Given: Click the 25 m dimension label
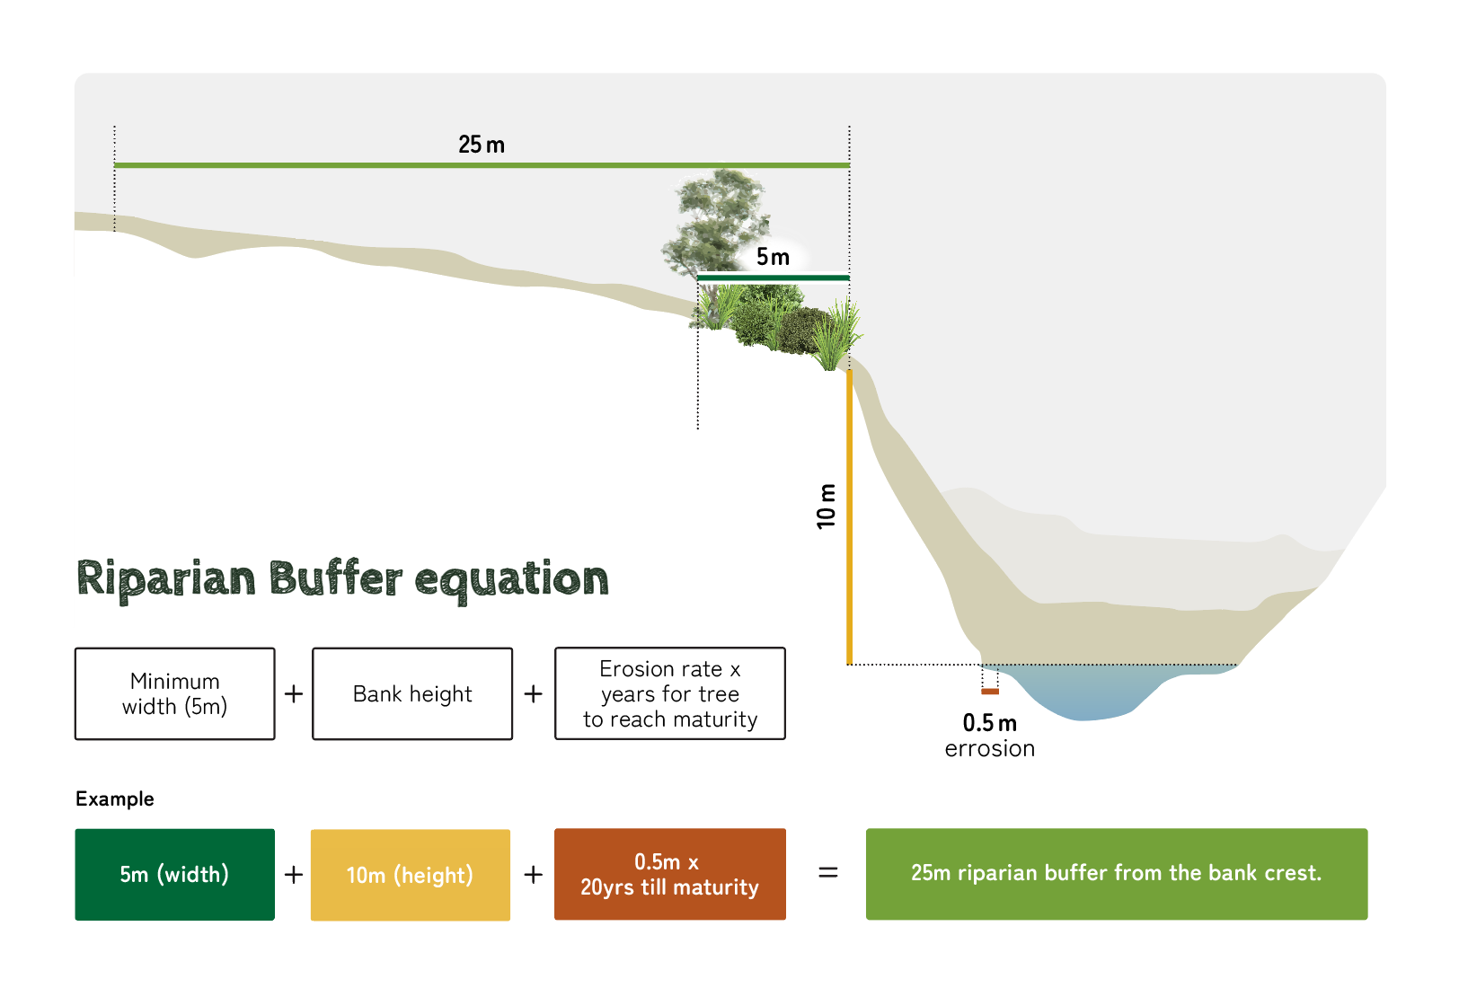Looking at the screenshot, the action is click(x=482, y=144).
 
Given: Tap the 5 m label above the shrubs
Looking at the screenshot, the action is click(x=773, y=257).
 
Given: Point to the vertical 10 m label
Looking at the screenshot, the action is click(x=826, y=506).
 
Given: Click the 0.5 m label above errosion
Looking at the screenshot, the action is click(x=989, y=723).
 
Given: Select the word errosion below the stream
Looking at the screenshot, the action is click(x=989, y=749).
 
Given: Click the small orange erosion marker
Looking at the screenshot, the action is click(x=990, y=692).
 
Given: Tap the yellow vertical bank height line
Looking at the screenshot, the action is click(x=849, y=517).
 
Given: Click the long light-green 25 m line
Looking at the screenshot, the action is click(x=482, y=165).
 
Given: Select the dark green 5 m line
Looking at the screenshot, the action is click(x=774, y=278).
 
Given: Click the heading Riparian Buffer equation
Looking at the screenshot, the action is click(x=342, y=579).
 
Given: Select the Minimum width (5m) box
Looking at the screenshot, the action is click(x=174, y=693).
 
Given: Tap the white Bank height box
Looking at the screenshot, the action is click(x=412, y=693).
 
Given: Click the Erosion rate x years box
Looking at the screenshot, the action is click(x=670, y=693).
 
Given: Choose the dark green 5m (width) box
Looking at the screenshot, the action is click(x=174, y=874).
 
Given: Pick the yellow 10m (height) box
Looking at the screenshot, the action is click(x=411, y=875).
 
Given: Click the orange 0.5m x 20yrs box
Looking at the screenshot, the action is click(x=670, y=874).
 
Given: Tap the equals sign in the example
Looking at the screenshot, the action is click(x=827, y=873).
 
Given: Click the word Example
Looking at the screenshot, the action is click(x=115, y=799).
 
